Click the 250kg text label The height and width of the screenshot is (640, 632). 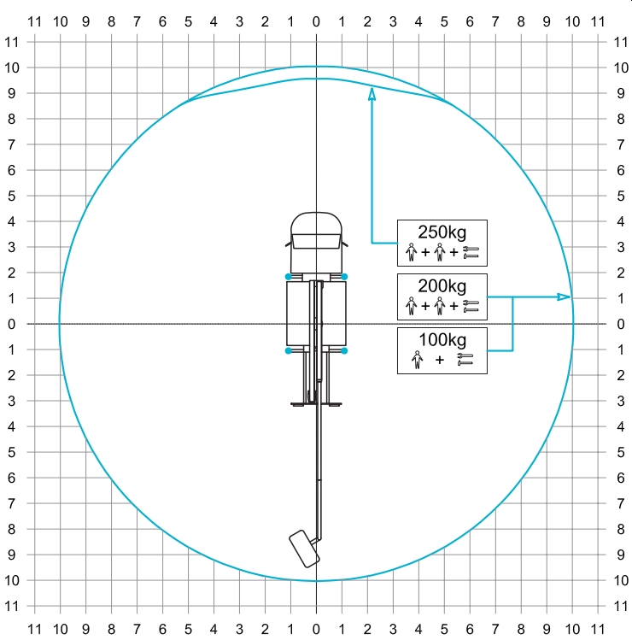pos(442,232)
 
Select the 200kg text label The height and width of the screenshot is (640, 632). pos(442,286)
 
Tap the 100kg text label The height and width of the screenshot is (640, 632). pos(442,340)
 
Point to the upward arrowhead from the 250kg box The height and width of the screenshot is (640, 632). pos(372,93)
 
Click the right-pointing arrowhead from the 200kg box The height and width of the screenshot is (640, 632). pos(564,297)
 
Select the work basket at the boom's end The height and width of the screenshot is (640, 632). pos(304,549)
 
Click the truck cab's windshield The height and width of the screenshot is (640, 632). pos(316,241)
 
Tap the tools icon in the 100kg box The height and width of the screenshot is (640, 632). pos(465,359)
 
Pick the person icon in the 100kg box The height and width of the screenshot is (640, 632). pos(417,360)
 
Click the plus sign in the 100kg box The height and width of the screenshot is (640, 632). pos(440,360)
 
